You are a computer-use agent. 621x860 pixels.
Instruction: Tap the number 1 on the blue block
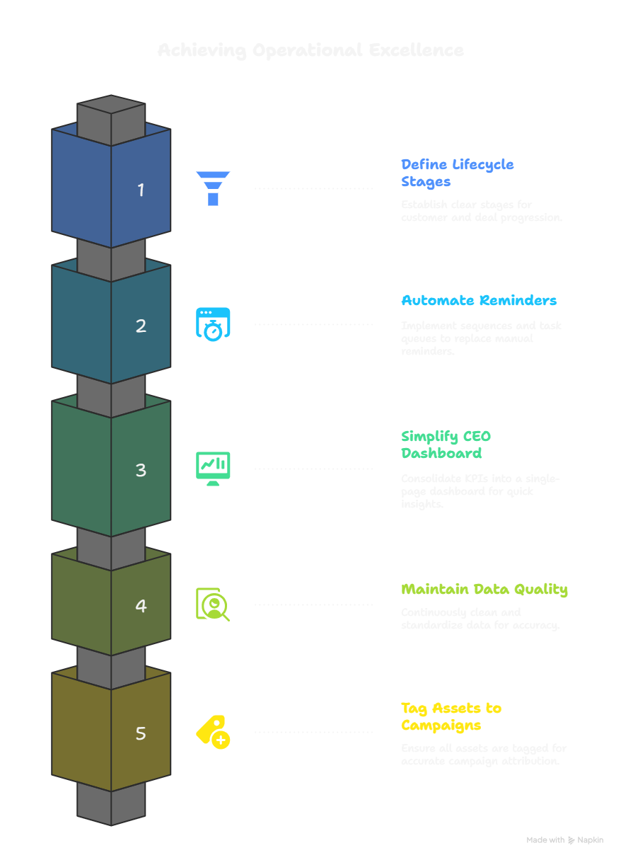[x=141, y=190]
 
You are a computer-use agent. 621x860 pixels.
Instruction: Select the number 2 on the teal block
[x=141, y=326]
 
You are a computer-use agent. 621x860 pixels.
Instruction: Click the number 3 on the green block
[x=141, y=470]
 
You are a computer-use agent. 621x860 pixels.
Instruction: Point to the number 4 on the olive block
[x=141, y=606]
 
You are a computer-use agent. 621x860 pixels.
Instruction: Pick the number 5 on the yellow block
[x=141, y=733]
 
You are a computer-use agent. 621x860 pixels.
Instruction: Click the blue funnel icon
[x=213, y=188]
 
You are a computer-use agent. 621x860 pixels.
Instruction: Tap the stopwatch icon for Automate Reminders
[x=213, y=324]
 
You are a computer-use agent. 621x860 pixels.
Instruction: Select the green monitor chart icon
[x=213, y=468]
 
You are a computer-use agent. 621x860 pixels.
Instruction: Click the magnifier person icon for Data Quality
[x=213, y=604]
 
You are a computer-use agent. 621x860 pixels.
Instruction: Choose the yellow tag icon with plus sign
[x=213, y=732]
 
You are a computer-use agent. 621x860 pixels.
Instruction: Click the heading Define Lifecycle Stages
[x=457, y=173]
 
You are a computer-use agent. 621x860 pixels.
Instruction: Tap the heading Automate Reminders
[x=479, y=300]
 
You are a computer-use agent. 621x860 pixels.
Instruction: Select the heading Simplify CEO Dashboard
[x=446, y=445]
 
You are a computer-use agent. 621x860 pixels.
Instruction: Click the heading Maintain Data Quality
[x=484, y=589]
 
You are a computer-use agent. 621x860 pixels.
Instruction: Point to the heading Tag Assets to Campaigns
[x=451, y=716]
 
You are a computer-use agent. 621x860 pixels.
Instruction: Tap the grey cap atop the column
[x=111, y=113]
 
